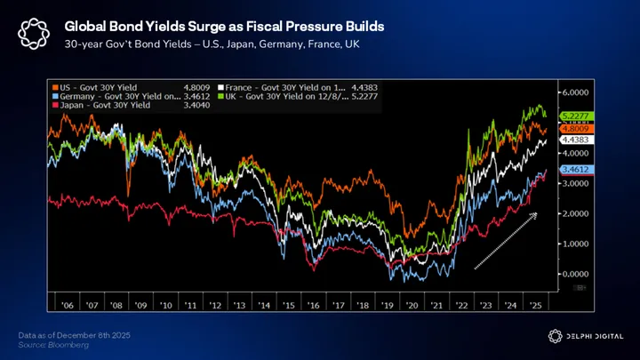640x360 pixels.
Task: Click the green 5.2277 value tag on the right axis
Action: pos(571,116)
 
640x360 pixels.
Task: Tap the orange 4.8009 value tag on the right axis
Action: pos(571,129)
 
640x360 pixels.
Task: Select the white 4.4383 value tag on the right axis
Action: pos(571,140)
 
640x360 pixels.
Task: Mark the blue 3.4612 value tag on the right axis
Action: pos(571,169)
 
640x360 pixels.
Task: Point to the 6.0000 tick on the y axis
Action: pos(574,92)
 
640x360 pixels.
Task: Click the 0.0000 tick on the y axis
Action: pos(574,274)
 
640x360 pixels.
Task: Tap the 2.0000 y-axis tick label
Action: pos(574,213)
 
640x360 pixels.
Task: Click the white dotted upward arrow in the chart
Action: pos(505,240)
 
